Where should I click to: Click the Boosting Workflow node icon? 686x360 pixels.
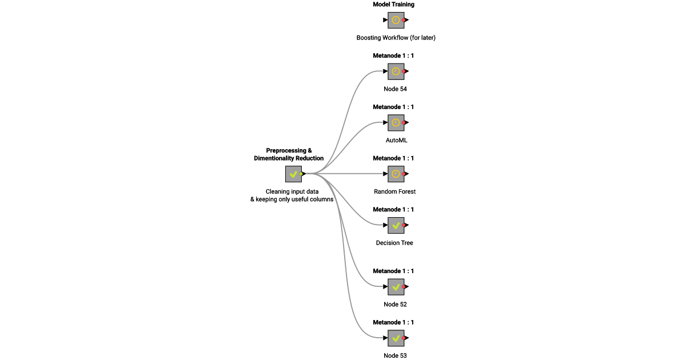point(396,20)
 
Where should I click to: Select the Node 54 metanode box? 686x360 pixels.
point(396,71)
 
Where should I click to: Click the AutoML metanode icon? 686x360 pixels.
point(396,122)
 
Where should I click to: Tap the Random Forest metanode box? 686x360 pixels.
point(396,174)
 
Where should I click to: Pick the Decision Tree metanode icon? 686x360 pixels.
point(396,225)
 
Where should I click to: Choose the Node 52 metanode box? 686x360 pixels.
point(396,287)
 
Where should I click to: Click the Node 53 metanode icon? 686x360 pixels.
point(396,338)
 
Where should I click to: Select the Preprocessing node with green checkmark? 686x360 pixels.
point(293,174)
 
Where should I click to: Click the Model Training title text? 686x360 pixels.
point(393,5)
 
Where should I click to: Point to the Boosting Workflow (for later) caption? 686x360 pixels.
point(395,38)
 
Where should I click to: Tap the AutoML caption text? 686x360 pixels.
point(396,140)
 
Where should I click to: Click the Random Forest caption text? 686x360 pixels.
point(394,191)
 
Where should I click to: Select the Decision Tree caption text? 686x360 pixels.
point(394,243)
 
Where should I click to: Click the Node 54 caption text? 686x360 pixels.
point(395,89)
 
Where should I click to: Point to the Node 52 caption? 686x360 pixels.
point(395,305)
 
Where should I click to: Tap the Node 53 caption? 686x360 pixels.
point(395,355)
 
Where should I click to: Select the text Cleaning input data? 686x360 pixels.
point(292,191)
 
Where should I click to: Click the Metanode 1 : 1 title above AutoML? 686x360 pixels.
point(393,107)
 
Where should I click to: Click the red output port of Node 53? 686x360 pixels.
point(404,338)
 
